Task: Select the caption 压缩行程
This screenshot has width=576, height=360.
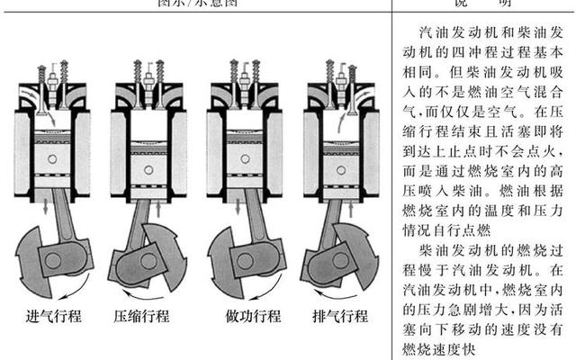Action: [x=142, y=317]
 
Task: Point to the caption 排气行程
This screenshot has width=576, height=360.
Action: [x=339, y=317]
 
